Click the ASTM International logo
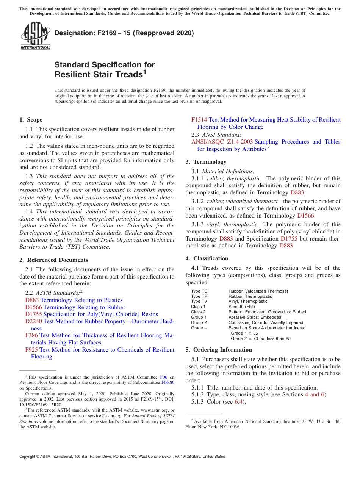pos(35,36)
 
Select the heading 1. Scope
pos(31,120)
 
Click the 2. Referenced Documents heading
pos(53,260)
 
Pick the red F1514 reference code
pos(199,120)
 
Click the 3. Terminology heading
pos(206,162)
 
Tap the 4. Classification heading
pos(207,258)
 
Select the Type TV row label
pos(199,302)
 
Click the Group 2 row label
pos(199,322)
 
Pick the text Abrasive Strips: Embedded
pos(255,317)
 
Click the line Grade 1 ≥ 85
pos(244,333)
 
